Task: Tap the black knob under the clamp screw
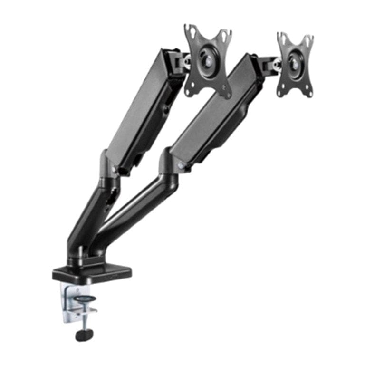point(84,335)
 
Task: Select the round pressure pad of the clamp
point(85,299)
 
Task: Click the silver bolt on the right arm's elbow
point(181,165)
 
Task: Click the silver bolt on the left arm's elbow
point(115,170)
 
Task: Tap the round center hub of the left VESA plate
point(208,61)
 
